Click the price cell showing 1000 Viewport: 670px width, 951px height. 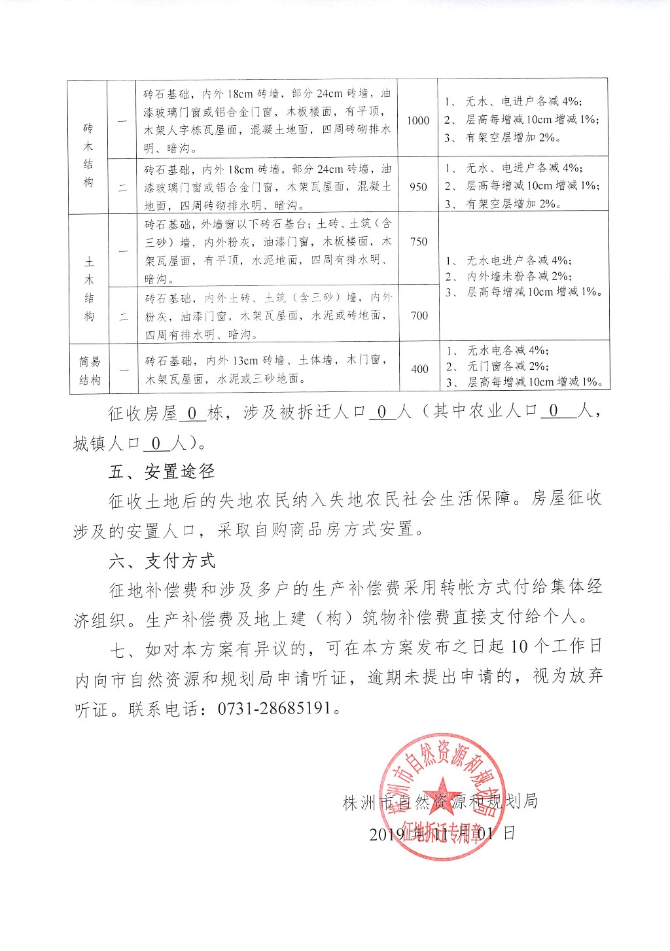[x=418, y=120]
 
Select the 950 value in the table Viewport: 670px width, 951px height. [x=418, y=187]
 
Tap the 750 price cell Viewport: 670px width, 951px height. [x=418, y=242]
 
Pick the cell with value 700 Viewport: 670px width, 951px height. [x=419, y=315]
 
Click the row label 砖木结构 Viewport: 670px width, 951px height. [x=88, y=155]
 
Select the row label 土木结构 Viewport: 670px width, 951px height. [x=89, y=289]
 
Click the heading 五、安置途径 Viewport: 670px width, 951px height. [x=162, y=471]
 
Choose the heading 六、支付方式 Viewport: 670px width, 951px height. [x=162, y=560]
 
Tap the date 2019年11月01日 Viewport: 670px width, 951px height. [x=442, y=834]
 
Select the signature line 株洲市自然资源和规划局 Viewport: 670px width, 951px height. [x=440, y=802]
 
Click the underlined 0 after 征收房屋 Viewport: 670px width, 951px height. [x=192, y=414]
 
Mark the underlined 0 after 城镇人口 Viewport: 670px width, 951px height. [x=156, y=444]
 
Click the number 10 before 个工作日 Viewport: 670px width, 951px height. [x=519, y=647]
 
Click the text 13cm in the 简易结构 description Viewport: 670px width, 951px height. [x=244, y=361]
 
